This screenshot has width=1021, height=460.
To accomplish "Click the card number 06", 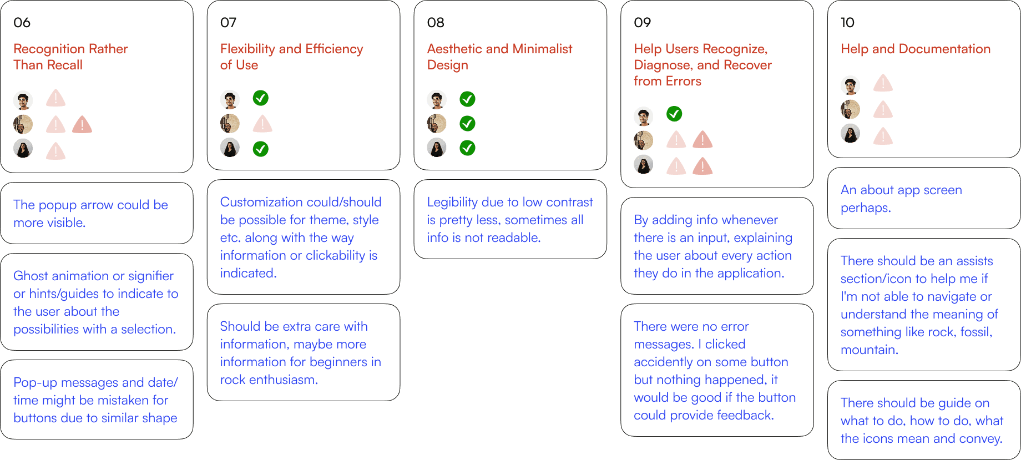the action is [22, 23].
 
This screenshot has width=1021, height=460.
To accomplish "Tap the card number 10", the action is [847, 23].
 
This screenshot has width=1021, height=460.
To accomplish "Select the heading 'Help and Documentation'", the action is [916, 49].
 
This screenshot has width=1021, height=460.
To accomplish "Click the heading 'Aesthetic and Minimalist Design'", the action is [499, 57].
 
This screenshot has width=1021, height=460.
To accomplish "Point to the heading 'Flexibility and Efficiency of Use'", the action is [291, 57].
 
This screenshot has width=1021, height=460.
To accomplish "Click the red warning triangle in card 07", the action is [262, 124].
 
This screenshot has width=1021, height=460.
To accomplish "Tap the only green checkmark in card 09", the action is [674, 114].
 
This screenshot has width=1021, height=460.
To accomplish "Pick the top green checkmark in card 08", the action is [467, 99].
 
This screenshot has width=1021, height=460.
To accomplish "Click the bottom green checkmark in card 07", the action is [260, 149].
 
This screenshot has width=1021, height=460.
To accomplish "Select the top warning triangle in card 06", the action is [55, 99].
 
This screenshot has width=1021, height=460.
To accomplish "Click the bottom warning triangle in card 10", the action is [882, 136].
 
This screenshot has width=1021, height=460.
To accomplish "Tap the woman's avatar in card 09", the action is [643, 165].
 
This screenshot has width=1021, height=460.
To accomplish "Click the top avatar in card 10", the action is [850, 85].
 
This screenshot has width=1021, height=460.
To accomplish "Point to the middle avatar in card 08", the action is [437, 124].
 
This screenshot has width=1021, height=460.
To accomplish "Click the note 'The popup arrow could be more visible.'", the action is [90, 214].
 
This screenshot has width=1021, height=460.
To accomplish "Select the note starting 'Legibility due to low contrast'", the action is [510, 220].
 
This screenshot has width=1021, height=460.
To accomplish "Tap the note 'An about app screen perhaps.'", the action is [901, 199].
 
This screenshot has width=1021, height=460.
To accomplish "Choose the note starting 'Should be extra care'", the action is [300, 353].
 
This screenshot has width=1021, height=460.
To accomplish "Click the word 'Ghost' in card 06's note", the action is [30, 276].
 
